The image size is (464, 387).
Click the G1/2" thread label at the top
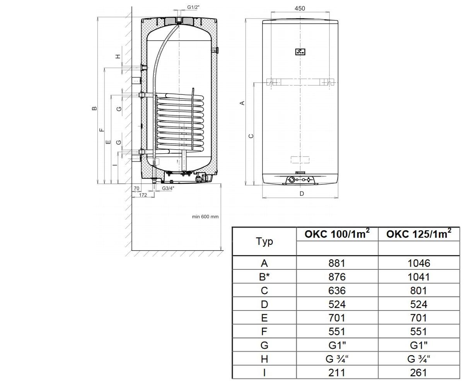pos(193,7)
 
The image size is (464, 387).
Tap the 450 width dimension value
pos(300,9)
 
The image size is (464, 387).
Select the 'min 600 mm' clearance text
pos(205,217)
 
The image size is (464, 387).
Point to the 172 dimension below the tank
pos(143,195)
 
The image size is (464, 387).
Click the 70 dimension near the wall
pos(136,188)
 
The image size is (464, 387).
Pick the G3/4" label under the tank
pos(168,188)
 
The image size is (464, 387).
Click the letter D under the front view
pos(302,194)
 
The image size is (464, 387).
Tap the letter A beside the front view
pos(242,103)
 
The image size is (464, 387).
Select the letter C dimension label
pos(251,136)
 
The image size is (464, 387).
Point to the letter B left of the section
pos(94,108)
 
